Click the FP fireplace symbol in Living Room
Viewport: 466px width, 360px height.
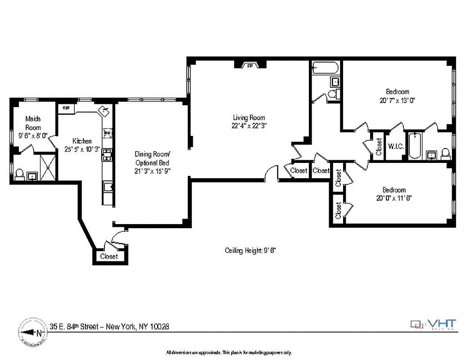(x=249, y=66)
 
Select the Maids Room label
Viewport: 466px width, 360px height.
(x=32, y=123)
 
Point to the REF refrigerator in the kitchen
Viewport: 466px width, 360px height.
(x=66, y=108)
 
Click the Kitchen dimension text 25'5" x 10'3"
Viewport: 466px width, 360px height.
(x=82, y=149)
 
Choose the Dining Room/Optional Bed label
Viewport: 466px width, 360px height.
(x=153, y=158)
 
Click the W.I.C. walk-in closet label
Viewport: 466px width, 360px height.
(x=396, y=147)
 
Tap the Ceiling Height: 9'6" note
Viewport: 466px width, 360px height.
(x=250, y=251)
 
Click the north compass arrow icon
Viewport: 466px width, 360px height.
(x=32, y=333)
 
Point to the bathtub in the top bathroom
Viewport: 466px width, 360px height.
(x=325, y=68)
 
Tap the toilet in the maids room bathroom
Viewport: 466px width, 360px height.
(x=19, y=174)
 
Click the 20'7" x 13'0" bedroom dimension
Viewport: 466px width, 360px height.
(x=397, y=101)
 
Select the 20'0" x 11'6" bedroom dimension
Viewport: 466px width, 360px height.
(x=394, y=198)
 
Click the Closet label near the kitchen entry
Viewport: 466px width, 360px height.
(x=109, y=256)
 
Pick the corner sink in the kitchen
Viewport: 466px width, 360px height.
(x=104, y=110)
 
